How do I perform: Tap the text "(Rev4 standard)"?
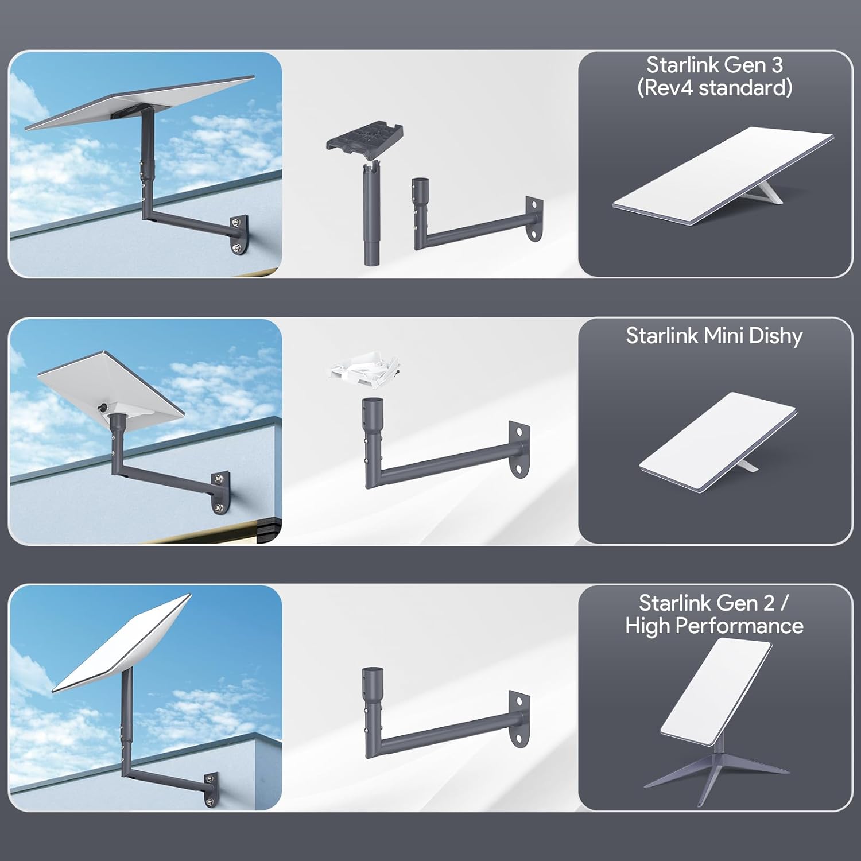point(715,88)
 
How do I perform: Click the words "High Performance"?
point(714,626)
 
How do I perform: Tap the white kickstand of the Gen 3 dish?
point(770,190)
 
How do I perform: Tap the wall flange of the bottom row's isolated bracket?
point(520,720)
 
